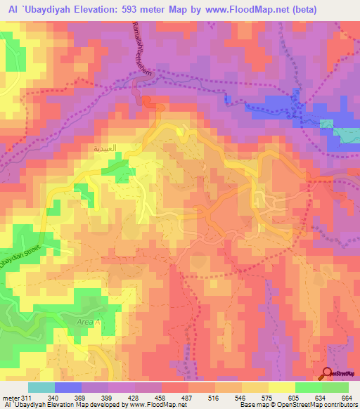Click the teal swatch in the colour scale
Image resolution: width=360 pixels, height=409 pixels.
click(x=41, y=387)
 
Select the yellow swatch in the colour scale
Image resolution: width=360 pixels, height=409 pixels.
click(x=282, y=387)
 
